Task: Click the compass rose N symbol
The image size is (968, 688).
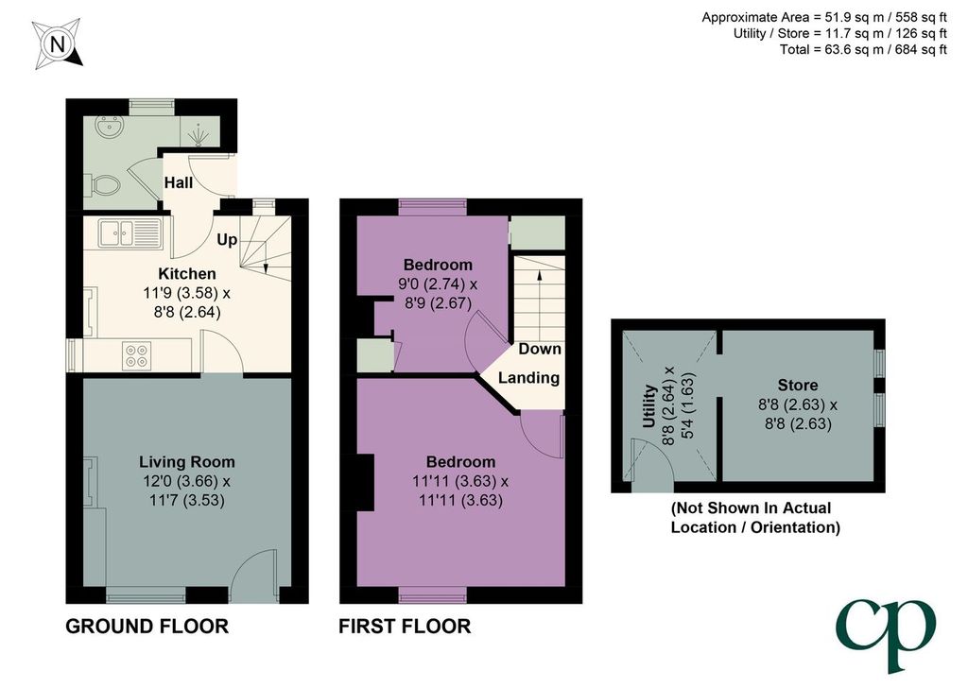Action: pyautogui.click(x=58, y=43)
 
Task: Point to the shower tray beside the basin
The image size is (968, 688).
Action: pyautogui.click(x=199, y=132)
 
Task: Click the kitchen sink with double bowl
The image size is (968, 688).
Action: pyautogui.click(x=130, y=233)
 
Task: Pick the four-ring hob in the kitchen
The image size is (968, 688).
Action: pyautogui.click(x=136, y=355)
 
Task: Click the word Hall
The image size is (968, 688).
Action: pyautogui.click(x=179, y=182)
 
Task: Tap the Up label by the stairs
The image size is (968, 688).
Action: pyautogui.click(x=227, y=239)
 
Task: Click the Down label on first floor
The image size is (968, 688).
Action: pyautogui.click(x=540, y=349)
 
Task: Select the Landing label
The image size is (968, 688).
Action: pyautogui.click(x=529, y=378)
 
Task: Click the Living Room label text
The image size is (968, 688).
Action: pyautogui.click(x=187, y=461)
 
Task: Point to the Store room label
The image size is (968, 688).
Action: pyautogui.click(x=798, y=385)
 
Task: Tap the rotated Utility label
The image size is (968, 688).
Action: pyautogui.click(x=648, y=406)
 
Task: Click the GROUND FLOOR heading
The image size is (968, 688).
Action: pyautogui.click(x=147, y=627)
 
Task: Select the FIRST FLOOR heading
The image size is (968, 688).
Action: pyautogui.click(x=405, y=627)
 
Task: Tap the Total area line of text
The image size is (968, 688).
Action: pyautogui.click(x=863, y=49)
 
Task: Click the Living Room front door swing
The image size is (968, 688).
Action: pyautogui.click(x=253, y=576)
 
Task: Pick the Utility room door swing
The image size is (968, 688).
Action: pyautogui.click(x=648, y=458)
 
